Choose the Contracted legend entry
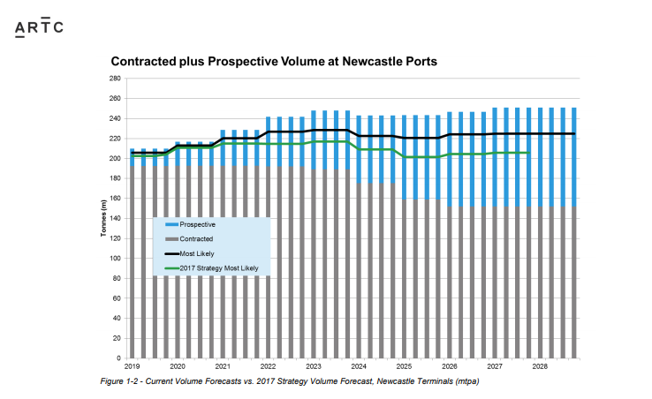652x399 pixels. [200, 238]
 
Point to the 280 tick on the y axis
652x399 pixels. [115, 79]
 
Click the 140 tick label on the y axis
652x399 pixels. [115, 219]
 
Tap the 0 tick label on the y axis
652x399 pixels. [118, 358]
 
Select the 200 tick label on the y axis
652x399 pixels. [115, 159]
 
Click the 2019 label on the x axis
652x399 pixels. [132, 365]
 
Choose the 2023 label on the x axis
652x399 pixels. [313, 365]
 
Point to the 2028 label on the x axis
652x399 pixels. [540, 365]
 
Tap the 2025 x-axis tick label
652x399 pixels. [404, 365]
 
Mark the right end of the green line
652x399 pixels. [528, 153]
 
